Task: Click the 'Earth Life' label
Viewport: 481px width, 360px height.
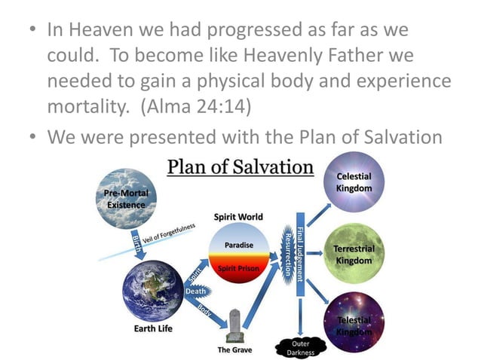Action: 152,329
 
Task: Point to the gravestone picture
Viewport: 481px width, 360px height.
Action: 234,325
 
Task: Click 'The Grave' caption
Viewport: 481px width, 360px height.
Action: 234,350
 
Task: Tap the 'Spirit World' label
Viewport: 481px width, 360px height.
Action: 238,217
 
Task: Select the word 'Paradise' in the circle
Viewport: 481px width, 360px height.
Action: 239,246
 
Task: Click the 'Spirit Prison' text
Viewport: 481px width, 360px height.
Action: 238,268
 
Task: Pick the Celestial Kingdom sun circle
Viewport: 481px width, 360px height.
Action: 354,182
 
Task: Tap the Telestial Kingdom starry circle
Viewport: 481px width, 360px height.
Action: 354,322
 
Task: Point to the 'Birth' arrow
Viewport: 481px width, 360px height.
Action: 139,246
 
